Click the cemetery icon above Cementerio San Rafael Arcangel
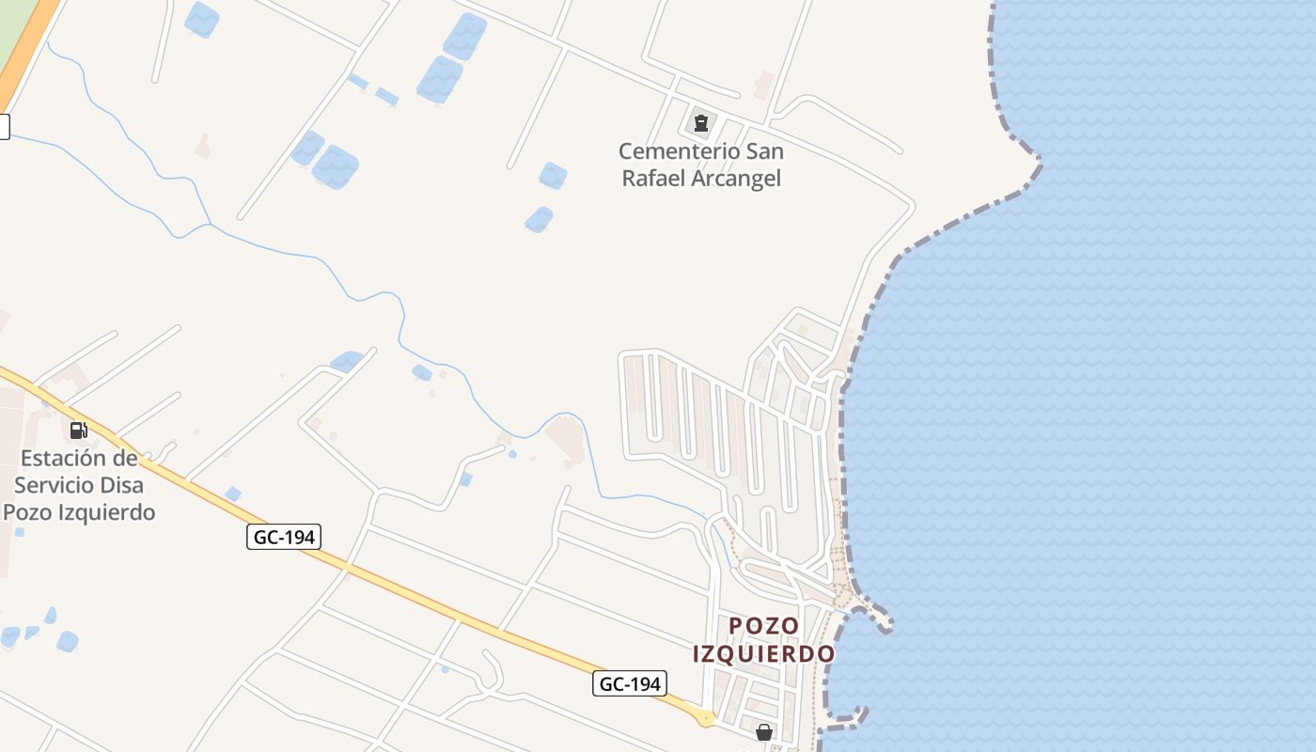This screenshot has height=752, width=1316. pyautogui.click(x=700, y=122)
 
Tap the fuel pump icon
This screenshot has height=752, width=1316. pyautogui.click(x=78, y=431)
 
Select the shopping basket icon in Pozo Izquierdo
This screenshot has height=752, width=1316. pyautogui.click(x=764, y=731)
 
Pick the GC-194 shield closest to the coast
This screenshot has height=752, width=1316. pyautogui.click(x=630, y=683)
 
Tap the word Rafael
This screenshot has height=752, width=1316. pyautogui.click(x=654, y=179)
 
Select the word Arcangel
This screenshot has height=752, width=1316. pyautogui.click(x=736, y=179)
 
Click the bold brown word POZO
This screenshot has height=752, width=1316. pyautogui.click(x=764, y=626)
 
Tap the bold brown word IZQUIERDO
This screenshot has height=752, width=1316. pyautogui.click(x=764, y=654)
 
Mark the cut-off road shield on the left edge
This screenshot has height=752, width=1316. pyautogui.click(x=4, y=126)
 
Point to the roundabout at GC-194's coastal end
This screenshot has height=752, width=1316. pyautogui.click(x=705, y=718)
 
